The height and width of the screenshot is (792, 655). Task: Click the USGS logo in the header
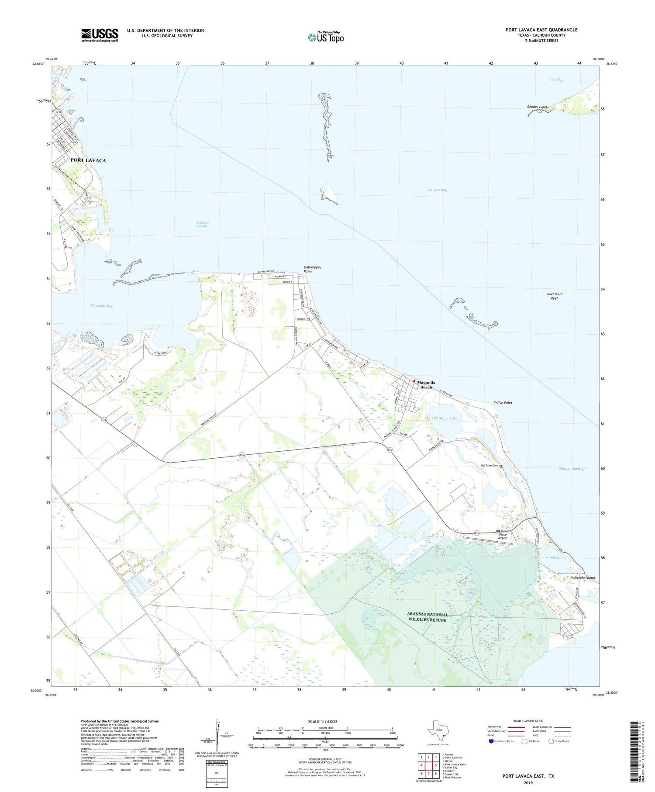click(100, 35)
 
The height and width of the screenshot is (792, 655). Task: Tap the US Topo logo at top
click(326, 37)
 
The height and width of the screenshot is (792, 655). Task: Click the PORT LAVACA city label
click(88, 160)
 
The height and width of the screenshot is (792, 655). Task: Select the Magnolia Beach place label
click(426, 384)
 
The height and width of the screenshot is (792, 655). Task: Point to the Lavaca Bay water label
click(437, 190)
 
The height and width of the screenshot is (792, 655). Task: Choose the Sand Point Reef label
click(554, 296)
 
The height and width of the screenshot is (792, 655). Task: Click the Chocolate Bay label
click(102, 306)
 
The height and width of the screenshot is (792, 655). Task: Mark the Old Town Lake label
click(445, 418)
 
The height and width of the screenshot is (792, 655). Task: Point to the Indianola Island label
click(582, 578)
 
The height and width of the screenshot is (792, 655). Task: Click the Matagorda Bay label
click(571, 469)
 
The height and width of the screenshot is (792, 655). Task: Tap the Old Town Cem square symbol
click(501, 466)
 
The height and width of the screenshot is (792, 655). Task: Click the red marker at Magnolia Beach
click(414, 380)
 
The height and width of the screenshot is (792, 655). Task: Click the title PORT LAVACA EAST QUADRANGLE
click(541, 30)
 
